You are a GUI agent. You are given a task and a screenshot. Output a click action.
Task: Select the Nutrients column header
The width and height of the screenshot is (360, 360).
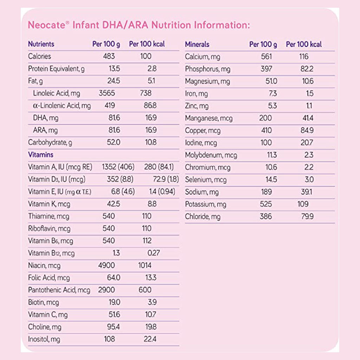41,44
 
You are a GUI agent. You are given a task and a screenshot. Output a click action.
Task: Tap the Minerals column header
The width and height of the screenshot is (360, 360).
197,44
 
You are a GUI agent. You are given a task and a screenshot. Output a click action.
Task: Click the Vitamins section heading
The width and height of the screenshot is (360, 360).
41,155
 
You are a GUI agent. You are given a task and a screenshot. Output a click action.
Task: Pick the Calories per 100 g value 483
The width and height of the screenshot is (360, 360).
109,56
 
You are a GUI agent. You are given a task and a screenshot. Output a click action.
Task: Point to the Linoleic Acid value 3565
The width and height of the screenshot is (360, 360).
107,93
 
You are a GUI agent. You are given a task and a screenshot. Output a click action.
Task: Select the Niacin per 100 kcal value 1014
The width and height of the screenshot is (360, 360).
145,265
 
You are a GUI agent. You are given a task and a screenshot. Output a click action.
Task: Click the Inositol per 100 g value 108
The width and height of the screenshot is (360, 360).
109,339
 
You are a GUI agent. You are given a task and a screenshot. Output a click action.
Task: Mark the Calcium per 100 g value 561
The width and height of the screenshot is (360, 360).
266,57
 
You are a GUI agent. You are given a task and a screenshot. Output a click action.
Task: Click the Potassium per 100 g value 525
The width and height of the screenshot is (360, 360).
266,204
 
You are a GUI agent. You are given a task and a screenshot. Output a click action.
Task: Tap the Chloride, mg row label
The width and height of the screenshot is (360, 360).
203,217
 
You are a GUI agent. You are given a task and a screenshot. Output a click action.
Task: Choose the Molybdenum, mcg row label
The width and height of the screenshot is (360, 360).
211,155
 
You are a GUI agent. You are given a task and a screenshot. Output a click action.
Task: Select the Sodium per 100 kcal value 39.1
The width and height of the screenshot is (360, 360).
306,192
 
